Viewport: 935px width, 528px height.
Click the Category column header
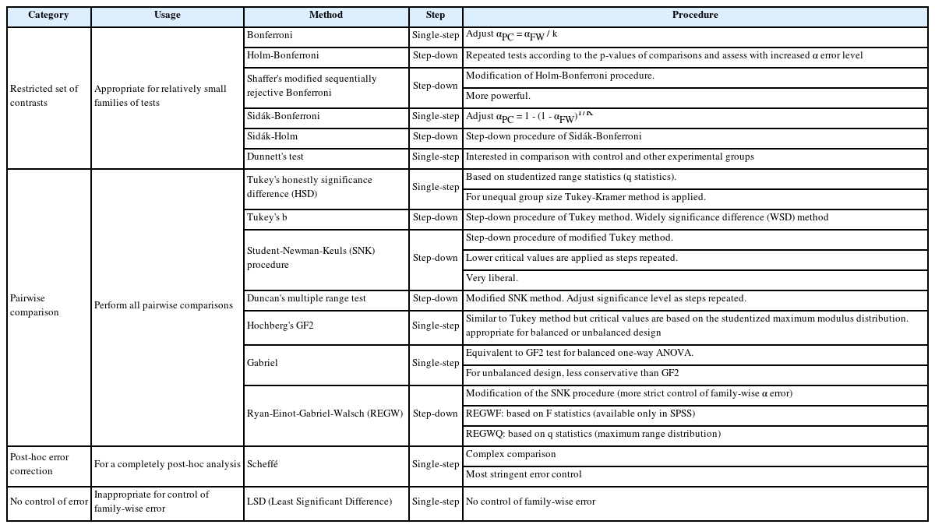[x=48, y=16]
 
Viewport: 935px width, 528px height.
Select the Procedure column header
[x=695, y=16]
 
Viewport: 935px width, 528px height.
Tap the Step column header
[x=436, y=16]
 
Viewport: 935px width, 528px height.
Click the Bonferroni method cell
[x=270, y=36]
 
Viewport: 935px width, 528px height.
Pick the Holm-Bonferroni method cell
[x=283, y=56]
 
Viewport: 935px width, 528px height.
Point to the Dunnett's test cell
[x=275, y=157]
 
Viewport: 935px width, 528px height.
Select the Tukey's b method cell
[x=267, y=218]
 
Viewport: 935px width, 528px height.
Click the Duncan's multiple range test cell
[x=306, y=299]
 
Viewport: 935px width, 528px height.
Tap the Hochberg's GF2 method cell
[x=280, y=326]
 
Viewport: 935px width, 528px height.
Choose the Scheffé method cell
[x=263, y=465]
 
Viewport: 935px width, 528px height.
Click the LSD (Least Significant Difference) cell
[x=319, y=502]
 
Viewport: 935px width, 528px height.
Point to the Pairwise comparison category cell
[x=34, y=305]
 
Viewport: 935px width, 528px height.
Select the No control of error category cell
[x=48, y=502]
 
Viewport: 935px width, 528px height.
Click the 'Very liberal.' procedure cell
[x=492, y=279]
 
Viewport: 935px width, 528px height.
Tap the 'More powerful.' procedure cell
[x=498, y=97]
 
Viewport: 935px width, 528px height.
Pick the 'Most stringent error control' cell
[x=524, y=475]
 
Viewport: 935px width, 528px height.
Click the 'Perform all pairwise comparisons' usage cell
[x=164, y=305]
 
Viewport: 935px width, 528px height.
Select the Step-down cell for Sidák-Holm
[x=436, y=137]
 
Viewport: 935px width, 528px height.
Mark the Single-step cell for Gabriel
[x=436, y=364]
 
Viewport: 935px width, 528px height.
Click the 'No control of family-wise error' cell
[x=531, y=502]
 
